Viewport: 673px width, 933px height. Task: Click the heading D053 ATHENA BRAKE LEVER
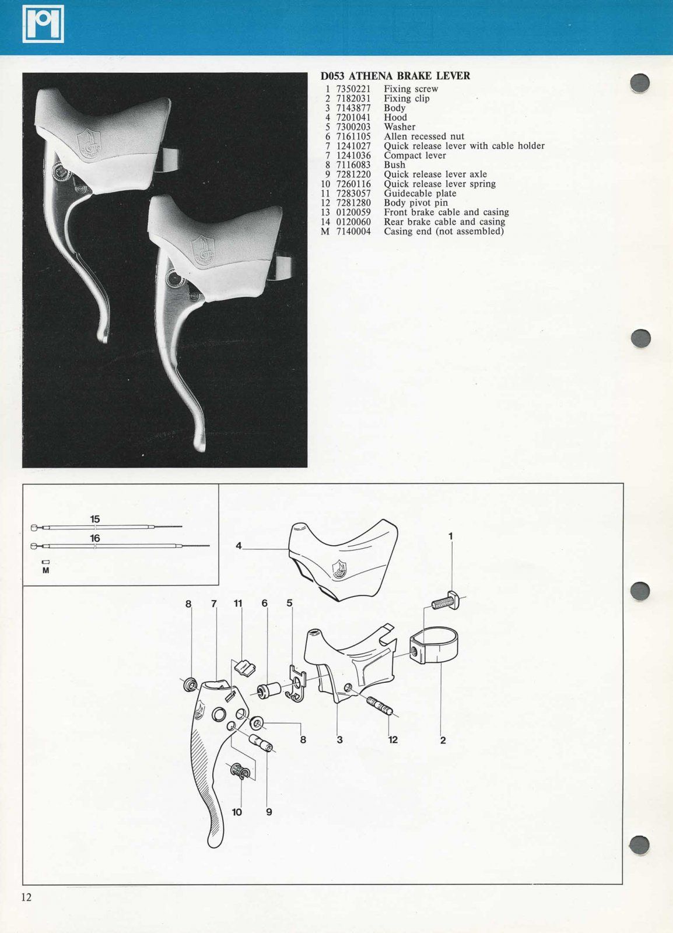pyautogui.click(x=395, y=76)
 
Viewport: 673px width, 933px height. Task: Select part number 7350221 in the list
pyautogui.click(x=353, y=89)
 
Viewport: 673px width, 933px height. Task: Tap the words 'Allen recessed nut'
pyautogui.click(x=424, y=136)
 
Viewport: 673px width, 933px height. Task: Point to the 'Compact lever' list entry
pyautogui.click(x=415, y=156)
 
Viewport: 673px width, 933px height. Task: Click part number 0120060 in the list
pyautogui.click(x=353, y=222)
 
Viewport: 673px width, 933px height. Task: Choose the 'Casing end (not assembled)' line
pyautogui.click(x=443, y=232)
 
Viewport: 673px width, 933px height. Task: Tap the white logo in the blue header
pyautogui.click(x=43, y=24)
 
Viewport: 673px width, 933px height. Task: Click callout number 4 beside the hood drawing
pyautogui.click(x=239, y=546)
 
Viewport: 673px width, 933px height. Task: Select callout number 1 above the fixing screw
pyautogui.click(x=450, y=535)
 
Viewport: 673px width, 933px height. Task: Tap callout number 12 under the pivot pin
pyautogui.click(x=393, y=739)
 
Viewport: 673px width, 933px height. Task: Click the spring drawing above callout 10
pyautogui.click(x=243, y=771)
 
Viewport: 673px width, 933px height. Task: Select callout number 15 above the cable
pyautogui.click(x=95, y=519)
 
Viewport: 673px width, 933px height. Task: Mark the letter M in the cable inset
pyautogui.click(x=45, y=570)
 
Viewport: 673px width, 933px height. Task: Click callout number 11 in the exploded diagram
pyautogui.click(x=238, y=604)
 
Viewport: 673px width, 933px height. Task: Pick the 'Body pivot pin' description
pyautogui.click(x=416, y=203)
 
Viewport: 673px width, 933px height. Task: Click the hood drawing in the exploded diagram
pyautogui.click(x=343, y=558)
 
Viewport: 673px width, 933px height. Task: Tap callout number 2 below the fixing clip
pyautogui.click(x=443, y=740)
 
